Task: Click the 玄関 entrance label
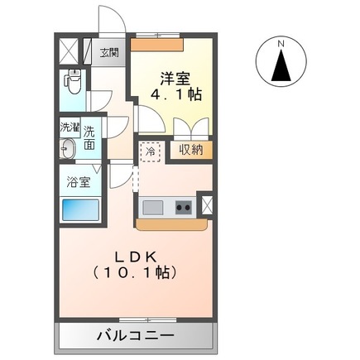pos(109,54)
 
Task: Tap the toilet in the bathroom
pos(72,82)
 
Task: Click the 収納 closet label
pos(191,150)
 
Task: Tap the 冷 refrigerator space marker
pos(150,151)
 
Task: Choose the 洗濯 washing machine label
pos(69,128)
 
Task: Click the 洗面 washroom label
pos(89,137)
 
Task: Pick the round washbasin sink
pos(69,150)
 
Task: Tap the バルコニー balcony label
pos(136,336)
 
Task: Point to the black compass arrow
pos(282,65)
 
